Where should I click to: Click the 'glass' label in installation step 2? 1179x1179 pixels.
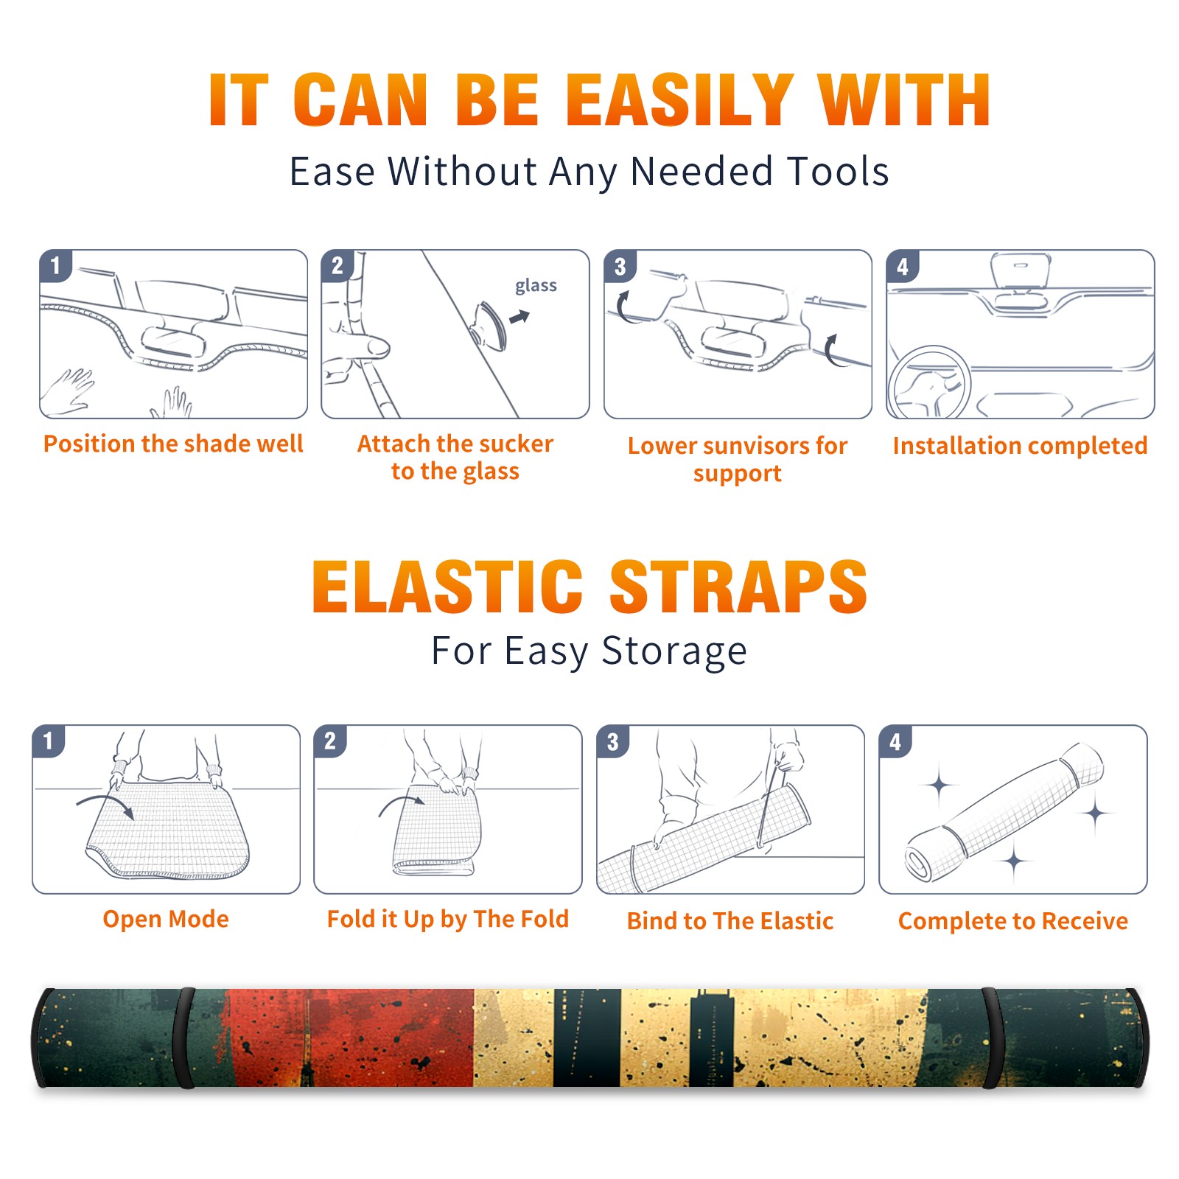536,286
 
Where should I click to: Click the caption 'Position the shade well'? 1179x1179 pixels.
173,444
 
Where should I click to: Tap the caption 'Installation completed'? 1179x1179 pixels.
1020,445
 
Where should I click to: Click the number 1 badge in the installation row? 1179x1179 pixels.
55,265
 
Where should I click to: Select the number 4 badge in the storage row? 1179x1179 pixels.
895,741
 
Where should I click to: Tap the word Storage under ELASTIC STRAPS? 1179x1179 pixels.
674,651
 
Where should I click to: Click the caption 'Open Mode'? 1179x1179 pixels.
166,919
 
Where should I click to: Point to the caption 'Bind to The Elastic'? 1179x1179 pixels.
730,921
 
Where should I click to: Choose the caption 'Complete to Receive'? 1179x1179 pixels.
1013,921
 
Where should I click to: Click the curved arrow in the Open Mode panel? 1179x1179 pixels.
108,802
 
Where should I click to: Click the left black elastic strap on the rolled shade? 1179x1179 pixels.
183,1038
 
